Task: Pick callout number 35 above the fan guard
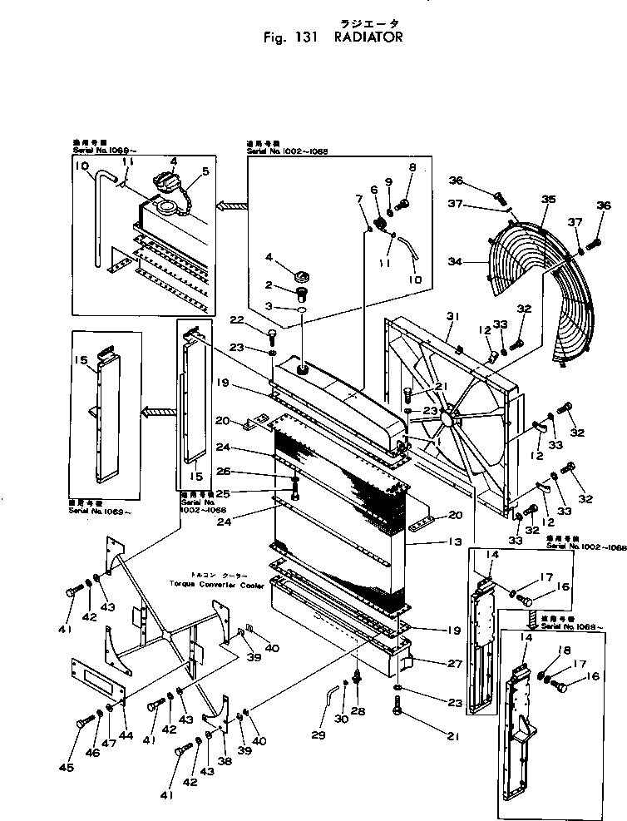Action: click(x=548, y=200)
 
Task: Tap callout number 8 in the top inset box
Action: click(x=411, y=167)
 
